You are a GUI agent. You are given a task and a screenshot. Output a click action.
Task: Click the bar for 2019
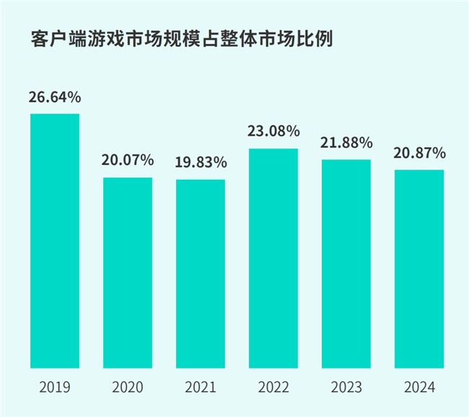pyautogui.click(x=55, y=241)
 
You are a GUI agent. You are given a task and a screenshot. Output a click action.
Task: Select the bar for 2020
pyautogui.click(x=128, y=272)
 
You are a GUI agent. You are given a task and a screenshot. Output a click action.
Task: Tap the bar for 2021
pyautogui.click(x=201, y=273)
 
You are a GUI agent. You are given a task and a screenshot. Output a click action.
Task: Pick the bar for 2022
pyautogui.click(x=273, y=258)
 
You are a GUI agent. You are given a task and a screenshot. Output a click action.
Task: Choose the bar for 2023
pyautogui.click(x=346, y=263)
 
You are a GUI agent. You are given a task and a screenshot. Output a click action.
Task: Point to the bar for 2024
pyautogui.click(x=419, y=268)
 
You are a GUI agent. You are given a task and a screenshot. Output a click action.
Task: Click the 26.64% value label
pyautogui.click(x=55, y=97)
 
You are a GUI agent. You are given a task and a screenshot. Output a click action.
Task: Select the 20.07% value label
pyautogui.click(x=128, y=159)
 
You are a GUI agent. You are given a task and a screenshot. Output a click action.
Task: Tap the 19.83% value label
pyautogui.click(x=201, y=162)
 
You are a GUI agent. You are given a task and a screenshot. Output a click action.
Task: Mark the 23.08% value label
pyautogui.click(x=273, y=131)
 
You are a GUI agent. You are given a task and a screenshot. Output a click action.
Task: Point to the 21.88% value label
pyautogui.click(x=346, y=142)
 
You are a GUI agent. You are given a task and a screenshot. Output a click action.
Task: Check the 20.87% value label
pyautogui.click(x=419, y=153)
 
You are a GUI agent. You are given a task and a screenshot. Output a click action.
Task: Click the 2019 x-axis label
pyautogui.click(x=55, y=388)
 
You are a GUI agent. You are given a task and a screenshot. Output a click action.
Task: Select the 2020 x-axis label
pyautogui.click(x=128, y=388)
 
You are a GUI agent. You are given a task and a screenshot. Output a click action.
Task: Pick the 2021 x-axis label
pyautogui.click(x=201, y=388)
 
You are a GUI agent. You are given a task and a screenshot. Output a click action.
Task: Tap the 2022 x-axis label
pyautogui.click(x=273, y=388)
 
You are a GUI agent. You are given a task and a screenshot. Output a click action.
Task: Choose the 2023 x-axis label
pyautogui.click(x=346, y=388)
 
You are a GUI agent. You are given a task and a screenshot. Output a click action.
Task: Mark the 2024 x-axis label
pyautogui.click(x=419, y=388)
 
